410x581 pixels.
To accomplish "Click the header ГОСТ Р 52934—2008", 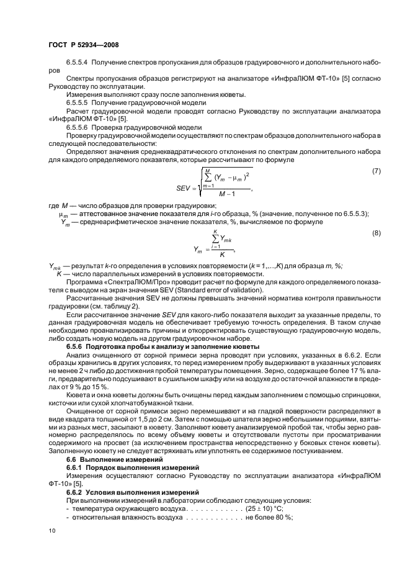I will (84, 45).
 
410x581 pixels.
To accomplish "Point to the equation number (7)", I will (375, 170).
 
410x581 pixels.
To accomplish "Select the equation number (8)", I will (375, 233).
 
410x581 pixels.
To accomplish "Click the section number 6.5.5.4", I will (80, 63).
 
